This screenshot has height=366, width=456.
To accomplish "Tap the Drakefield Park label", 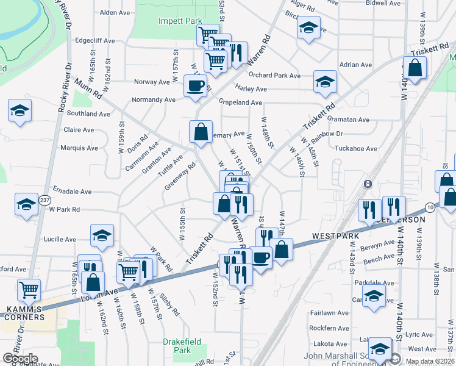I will click(177, 346).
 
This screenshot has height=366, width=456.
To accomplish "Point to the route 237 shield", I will click(45, 199).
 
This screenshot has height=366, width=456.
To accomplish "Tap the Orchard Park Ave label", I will click(274, 76).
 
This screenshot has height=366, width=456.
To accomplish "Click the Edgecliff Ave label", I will click(94, 41).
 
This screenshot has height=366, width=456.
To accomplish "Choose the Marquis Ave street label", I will click(79, 148).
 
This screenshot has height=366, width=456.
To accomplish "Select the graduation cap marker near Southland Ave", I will click(20, 110).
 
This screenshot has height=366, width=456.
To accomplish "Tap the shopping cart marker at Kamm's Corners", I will click(29, 288).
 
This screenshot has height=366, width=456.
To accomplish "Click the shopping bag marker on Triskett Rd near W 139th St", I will click(415, 68).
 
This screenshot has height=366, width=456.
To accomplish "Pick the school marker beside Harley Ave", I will click(325, 81).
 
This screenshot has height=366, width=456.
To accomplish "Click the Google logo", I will click(21, 359).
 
